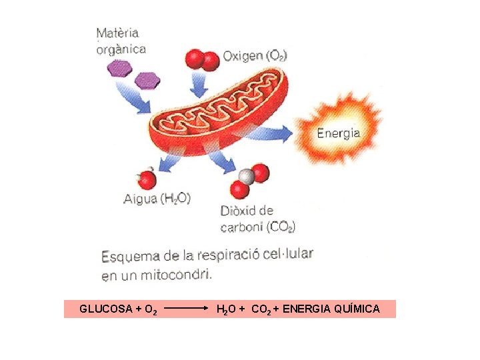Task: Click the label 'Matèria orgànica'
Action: [x=121, y=41]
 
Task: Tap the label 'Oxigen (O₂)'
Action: [x=255, y=56]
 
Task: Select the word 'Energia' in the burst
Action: [x=338, y=133]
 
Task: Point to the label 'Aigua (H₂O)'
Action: [x=157, y=198]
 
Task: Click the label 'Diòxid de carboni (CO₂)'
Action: [x=258, y=219]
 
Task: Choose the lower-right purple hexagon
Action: [x=147, y=81]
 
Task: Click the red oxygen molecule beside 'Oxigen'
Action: [x=201, y=59]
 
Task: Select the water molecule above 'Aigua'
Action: [x=147, y=179]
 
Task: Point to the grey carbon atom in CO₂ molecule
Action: [x=246, y=177]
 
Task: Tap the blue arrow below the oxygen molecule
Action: [x=199, y=85]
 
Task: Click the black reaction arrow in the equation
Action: [x=187, y=309]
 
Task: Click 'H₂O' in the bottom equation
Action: [x=225, y=309]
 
